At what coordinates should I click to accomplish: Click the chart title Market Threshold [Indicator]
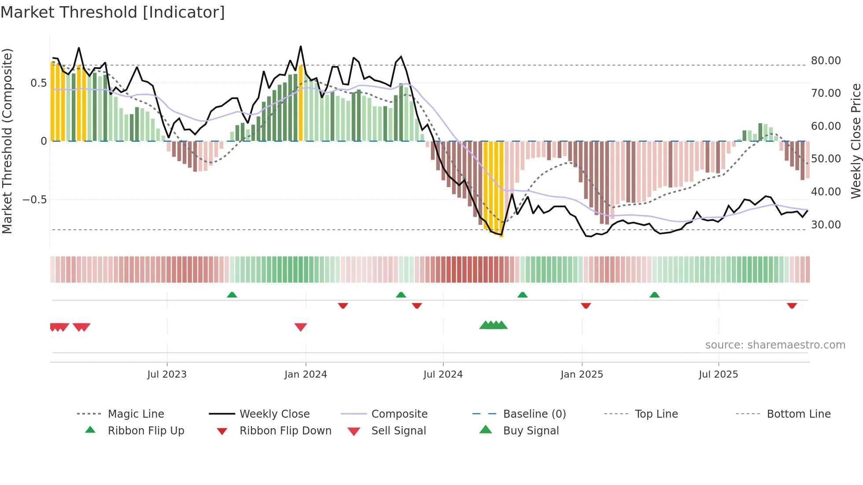113,12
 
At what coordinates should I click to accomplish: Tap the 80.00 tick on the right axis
826,60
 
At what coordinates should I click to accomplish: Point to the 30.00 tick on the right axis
826,224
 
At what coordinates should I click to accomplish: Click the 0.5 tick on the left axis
38,83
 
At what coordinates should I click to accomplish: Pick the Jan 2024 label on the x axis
306,374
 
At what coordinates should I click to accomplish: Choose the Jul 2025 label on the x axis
718,374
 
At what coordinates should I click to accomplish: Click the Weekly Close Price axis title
856,141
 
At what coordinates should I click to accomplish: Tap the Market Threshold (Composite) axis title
7,141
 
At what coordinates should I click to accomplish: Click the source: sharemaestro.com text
775,345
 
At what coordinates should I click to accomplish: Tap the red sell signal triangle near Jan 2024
301,327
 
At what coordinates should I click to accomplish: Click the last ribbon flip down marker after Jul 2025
792,305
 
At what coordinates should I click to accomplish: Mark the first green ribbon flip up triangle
232,295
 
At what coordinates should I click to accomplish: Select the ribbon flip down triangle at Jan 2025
586,305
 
